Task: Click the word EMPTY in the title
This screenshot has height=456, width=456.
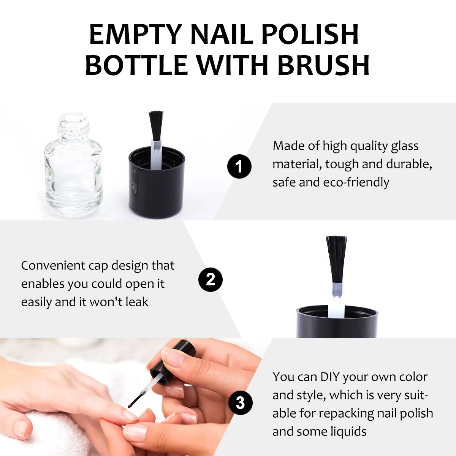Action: click(x=135, y=34)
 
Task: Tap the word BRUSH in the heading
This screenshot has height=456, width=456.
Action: click(x=323, y=65)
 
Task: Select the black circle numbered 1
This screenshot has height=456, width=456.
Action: click(x=239, y=166)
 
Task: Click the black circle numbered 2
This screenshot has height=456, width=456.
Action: click(x=211, y=280)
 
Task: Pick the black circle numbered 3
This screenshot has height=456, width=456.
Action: click(x=240, y=403)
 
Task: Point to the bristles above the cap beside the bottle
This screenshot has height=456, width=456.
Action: click(x=156, y=125)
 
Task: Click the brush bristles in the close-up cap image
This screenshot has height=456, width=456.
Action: click(x=336, y=258)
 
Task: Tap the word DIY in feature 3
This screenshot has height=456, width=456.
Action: click(x=330, y=377)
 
